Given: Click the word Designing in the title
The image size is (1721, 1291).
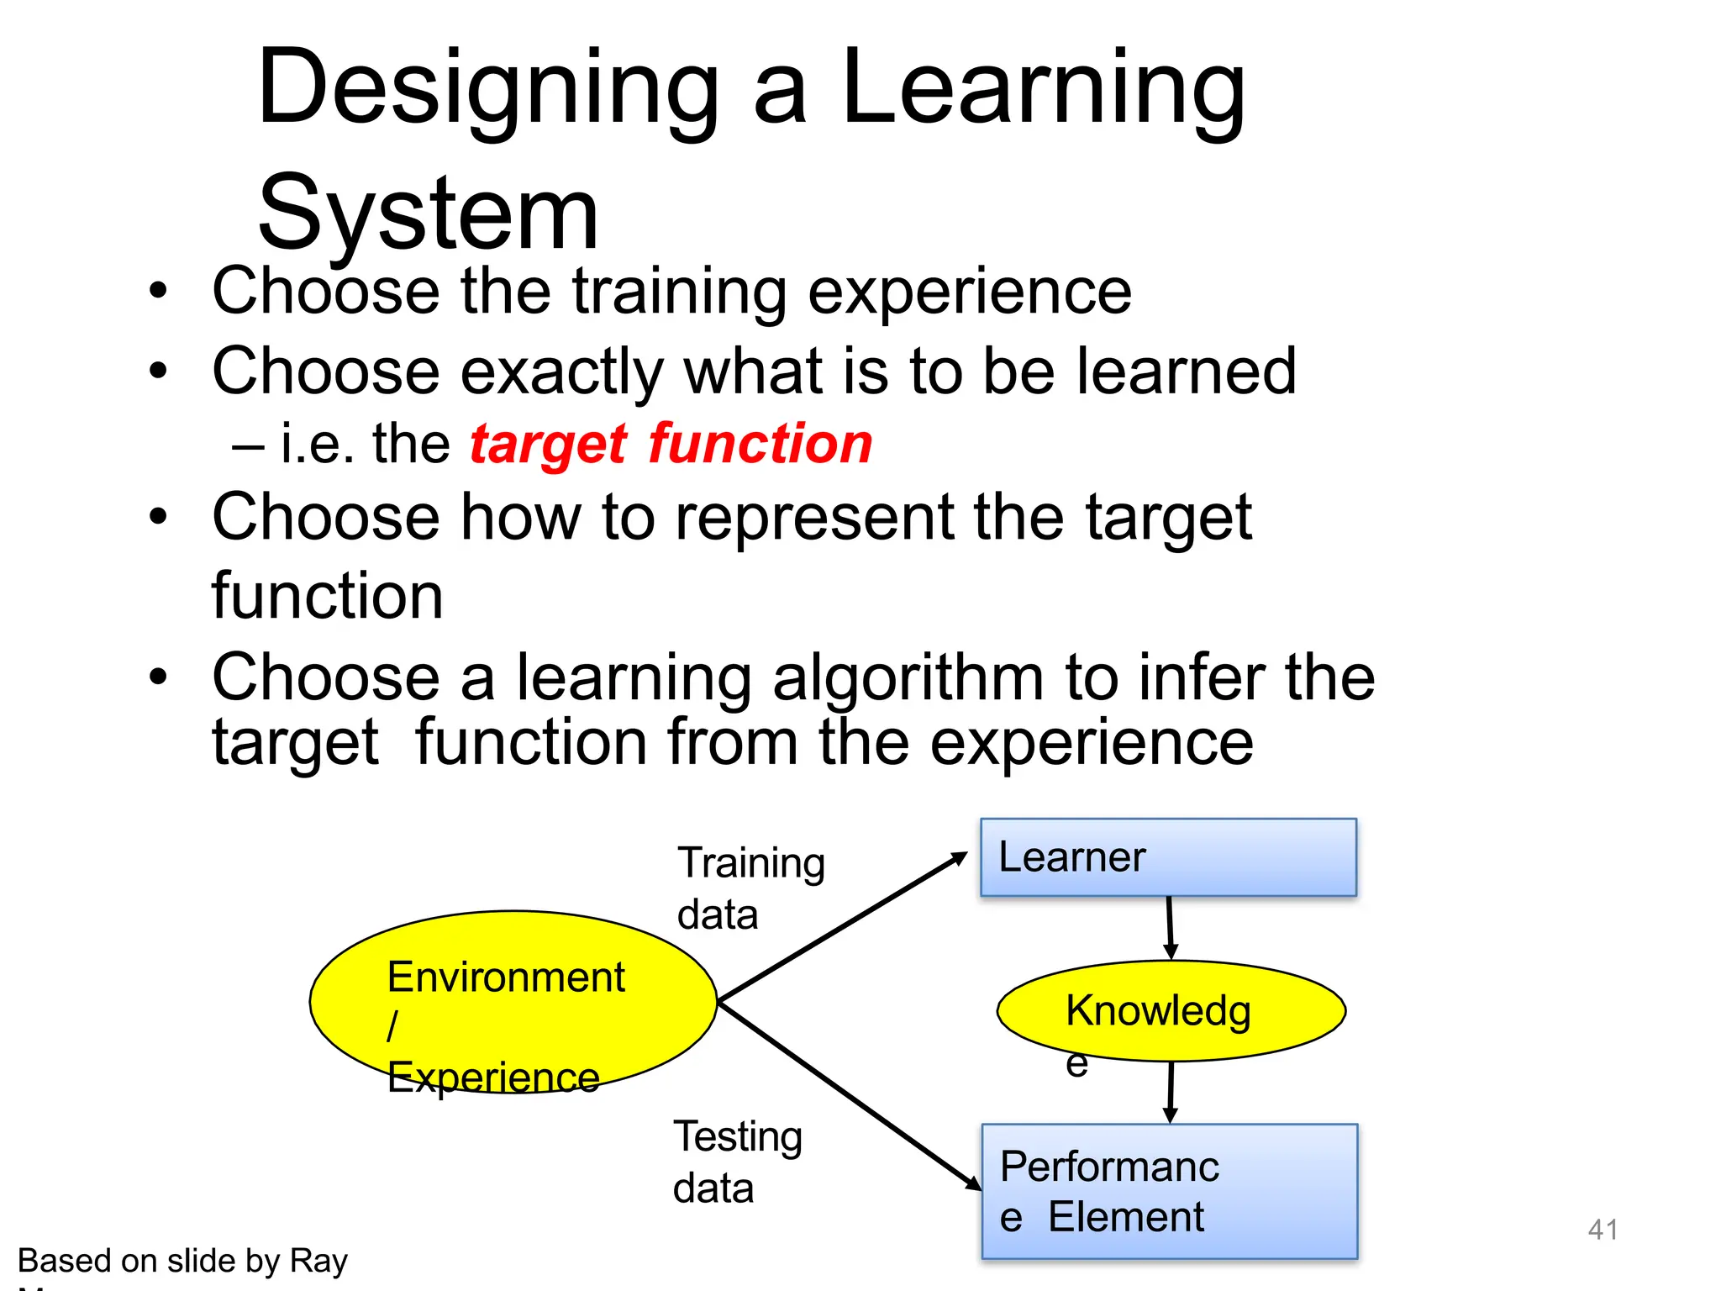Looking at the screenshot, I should (x=487, y=88).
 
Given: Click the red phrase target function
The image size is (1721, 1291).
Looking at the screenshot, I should (x=671, y=444).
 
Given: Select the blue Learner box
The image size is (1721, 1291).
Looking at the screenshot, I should (x=1168, y=857).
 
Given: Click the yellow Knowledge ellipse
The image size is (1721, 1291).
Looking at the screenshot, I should (x=1171, y=1010).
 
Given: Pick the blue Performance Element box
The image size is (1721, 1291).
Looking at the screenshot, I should (x=1169, y=1191).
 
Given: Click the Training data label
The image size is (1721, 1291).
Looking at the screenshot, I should (x=750, y=888).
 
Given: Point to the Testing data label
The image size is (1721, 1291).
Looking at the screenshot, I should (x=737, y=1162).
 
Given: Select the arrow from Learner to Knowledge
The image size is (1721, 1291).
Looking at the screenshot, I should (x=1169, y=925).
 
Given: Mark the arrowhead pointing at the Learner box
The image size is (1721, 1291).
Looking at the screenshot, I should (x=960, y=858).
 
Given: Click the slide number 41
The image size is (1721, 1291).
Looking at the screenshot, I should (x=1603, y=1230).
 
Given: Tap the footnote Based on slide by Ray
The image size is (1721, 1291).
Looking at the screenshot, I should (x=182, y=1261).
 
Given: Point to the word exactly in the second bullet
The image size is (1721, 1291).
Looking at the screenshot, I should (x=562, y=371).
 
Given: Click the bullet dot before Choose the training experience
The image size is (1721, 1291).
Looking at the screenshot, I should (x=158, y=291).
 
